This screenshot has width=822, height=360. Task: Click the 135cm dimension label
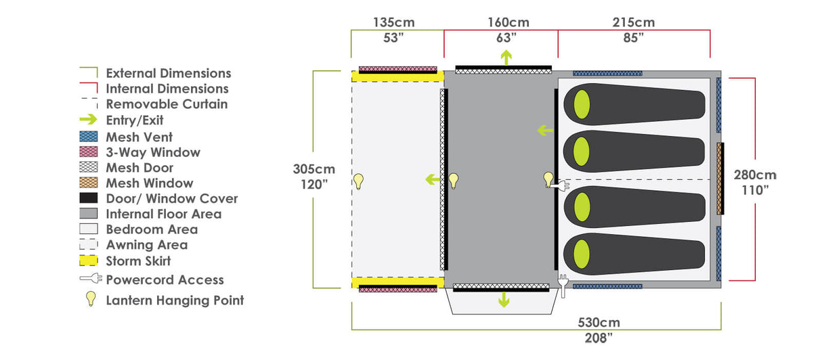tap(393, 22)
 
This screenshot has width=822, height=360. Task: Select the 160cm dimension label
tap(509, 22)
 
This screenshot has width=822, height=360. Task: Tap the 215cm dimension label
tap(633, 22)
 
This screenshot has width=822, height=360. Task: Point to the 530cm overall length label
tap(599, 322)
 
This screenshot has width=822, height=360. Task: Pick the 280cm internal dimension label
tap(755, 175)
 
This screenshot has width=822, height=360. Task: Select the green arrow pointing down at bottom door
tap(503, 300)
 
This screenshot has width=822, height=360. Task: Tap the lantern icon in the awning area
tap(359, 181)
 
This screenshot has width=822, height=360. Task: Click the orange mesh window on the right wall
tap(720, 178)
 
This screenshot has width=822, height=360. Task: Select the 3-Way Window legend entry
tap(153, 152)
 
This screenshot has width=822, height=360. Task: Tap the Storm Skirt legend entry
tap(138, 261)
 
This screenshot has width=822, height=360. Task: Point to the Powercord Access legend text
tap(165, 279)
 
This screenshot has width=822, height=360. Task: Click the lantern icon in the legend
tap(90, 300)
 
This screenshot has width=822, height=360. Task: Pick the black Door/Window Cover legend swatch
tap(89, 198)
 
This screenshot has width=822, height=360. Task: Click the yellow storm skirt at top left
tap(397, 76)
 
